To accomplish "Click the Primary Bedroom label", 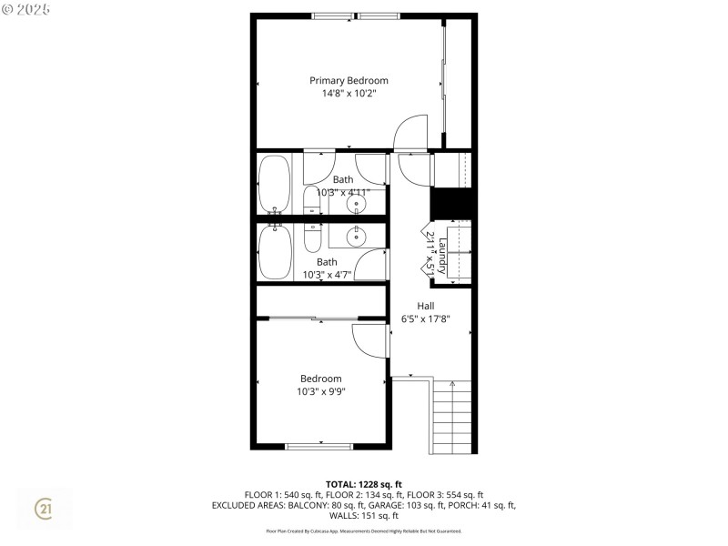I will (349, 80).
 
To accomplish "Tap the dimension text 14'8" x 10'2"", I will (349, 93).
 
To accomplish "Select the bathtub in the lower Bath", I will (275, 253).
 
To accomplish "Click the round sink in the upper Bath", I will (356, 204).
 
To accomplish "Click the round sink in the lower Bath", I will (356, 238).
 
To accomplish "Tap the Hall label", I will (426, 306).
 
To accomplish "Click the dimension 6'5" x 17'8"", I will (426, 319).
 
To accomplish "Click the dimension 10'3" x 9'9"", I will (320, 392).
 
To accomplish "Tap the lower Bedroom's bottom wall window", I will (318, 446).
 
